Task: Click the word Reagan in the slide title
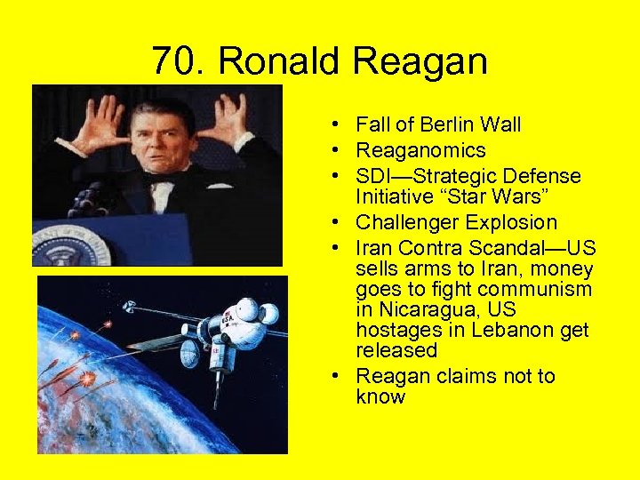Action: [420, 61]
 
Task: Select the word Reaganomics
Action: [420, 150]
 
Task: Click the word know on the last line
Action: [380, 396]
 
